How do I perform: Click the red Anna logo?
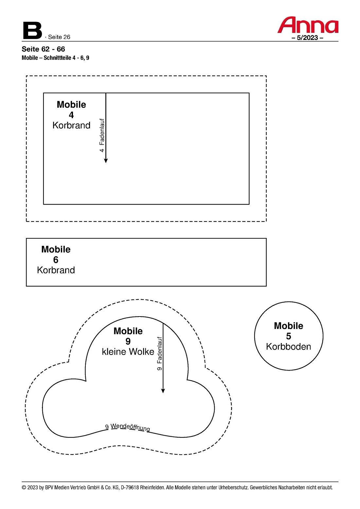pyautogui.click(x=308, y=25)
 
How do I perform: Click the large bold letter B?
pyautogui.click(x=32, y=30)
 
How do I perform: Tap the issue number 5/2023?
pyautogui.click(x=307, y=38)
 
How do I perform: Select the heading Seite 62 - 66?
pyautogui.click(x=43, y=49)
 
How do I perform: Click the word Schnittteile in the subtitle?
pyautogui.click(x=57, y=58)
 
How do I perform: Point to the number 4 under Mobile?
pyautogui.click(x=71, y=115)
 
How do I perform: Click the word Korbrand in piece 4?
pyautogui.click(x=71, y=125)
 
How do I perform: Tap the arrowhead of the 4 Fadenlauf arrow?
pyautogui.click(x=106, y=160)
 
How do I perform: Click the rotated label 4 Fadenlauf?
pyautogui.click(x=102, y=135)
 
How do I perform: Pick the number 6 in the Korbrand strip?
pyautogui.click(x=56, y=260)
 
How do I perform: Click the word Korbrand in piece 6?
pyautogui.click(x=56, y=270)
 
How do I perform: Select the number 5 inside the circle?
pyautogui.click(x=288, y=336)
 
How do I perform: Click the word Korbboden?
pyautogui.click(x=288, y=347)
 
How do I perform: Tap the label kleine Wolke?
pyautogui.click(x=128, y=352)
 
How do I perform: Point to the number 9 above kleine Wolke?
pyautogui.click(x=128, y=341)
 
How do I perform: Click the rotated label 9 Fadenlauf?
pyautogui.click(x=159, y=354)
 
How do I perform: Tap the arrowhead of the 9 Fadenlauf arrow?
pyautogui.click(x=163, y=391)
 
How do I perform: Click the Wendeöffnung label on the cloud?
pyautogui.click(x=130, y=427)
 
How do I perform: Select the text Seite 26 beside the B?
pyautogui.click(x=59, y=37)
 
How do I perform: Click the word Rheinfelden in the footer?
pyautogui.click(x=152, y=487)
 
